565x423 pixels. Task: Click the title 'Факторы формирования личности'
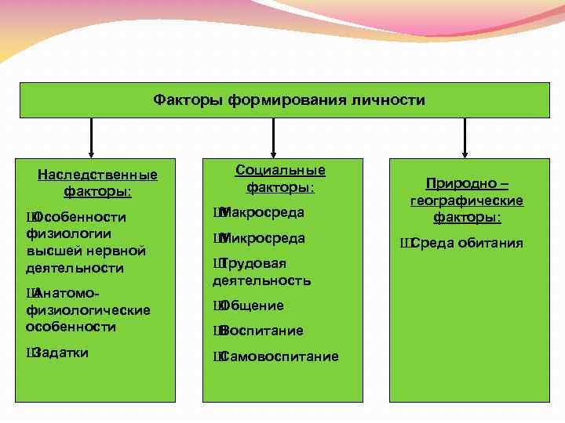[x=289, y=100]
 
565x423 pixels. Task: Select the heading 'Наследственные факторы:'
[x=97, y=183]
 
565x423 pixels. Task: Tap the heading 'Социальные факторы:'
[x=280, y=179]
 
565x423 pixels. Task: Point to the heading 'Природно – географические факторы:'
[x=467, y=200]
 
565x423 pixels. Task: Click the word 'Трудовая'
[x=253, y=263]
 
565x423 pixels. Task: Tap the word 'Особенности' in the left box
[x=80, y=216]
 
